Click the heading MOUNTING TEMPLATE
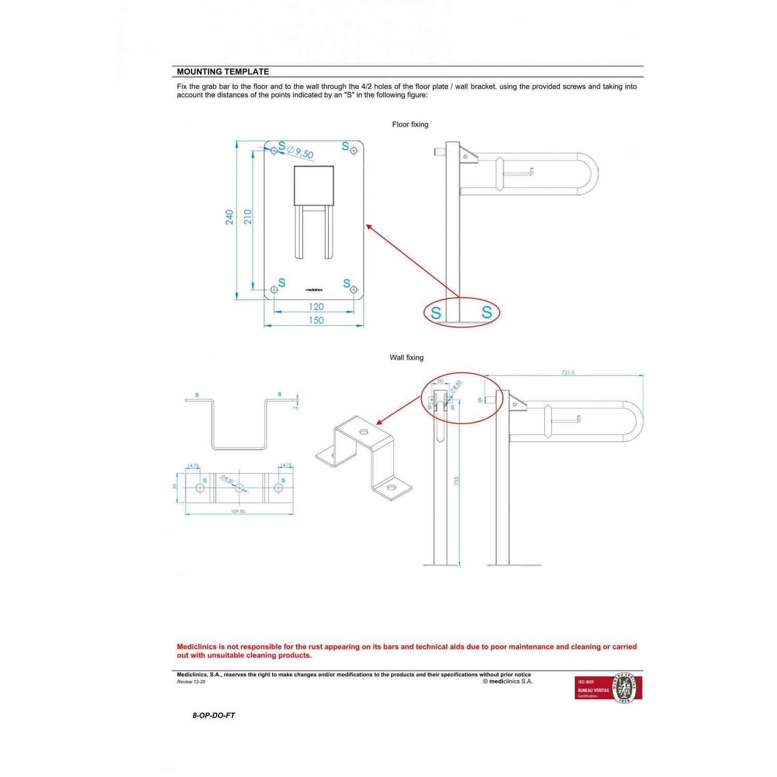click(x=223, y=71)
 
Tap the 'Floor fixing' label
click(x=410, y=124)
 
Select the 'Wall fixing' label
click(x=406, y=357)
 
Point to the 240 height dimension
click(x=229, y=217)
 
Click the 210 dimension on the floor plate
click(x=248, y=216)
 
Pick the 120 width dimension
click(x=316, y=307)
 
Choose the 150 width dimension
click(x=316, y=320)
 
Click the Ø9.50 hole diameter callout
click(x=300, y=152)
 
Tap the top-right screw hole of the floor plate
click(x=354, y=151)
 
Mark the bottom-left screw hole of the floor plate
click(x=274, y=290)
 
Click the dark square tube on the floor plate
click(x=313, y=185)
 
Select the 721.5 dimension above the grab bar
click(x=568, y=372)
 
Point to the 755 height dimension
click(x=456, y=481)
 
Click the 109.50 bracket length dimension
click(x=238, y=511)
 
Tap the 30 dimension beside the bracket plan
click(x=175, y=486)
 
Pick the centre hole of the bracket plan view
click(x=239, y=488)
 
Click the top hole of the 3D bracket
click(x=364, y=431)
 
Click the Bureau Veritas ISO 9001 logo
click(x=608, y=688)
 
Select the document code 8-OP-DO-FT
click(x=213, y=715)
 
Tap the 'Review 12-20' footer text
click(x=191, y=682)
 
